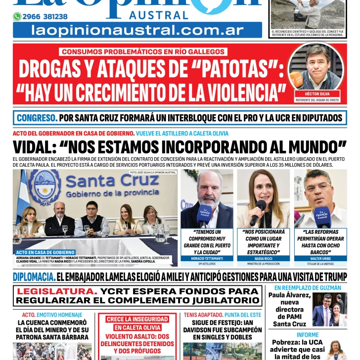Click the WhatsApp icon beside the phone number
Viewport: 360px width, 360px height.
pyautogui.click(x=17, y=17)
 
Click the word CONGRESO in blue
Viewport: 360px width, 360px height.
pyautogui.click(x=37, y=118)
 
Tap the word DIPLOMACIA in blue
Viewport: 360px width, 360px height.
pyautogui.click(x=34, y=277)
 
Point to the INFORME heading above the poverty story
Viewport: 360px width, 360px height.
pyautogui.click(x=308, y=335)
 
